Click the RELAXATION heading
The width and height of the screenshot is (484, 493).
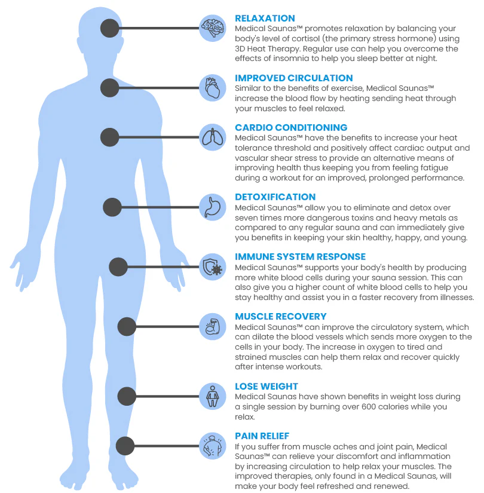click(265, 19)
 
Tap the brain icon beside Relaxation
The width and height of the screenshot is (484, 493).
click(213, 27)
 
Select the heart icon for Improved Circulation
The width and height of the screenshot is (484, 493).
click(213, 88)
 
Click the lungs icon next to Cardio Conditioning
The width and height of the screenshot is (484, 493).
click(213, 137)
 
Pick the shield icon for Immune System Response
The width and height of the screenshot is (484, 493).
click(213, 267)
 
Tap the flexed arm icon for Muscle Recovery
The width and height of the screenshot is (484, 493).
click(213, 326)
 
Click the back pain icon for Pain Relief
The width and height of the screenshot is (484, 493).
click(213, 446)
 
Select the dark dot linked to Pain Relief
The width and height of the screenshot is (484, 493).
click(125, 446)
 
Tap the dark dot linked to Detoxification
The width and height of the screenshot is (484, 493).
click(112, 207)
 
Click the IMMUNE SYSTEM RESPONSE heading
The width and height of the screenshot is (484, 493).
click(300, 257)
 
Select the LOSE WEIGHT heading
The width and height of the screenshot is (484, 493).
click(266, 387)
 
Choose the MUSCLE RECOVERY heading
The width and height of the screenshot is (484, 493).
click(281, 317)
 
